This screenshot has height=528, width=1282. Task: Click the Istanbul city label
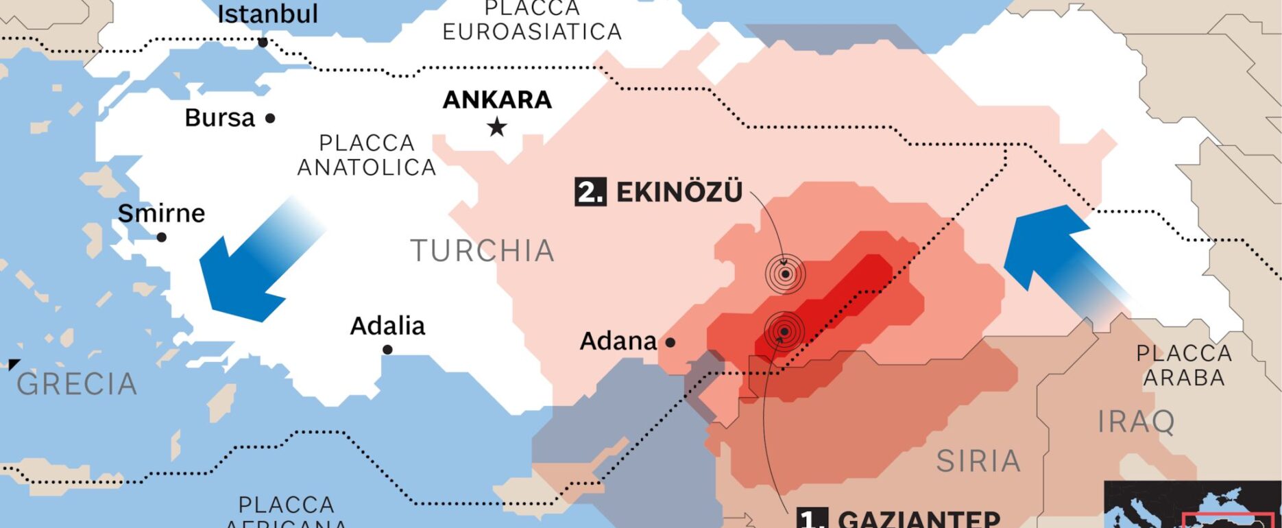click(x=267, y=14)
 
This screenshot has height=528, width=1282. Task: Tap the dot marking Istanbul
click(x=263, y=43)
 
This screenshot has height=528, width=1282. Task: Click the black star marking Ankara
click(x=497, y=127)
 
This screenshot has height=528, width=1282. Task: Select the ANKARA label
click(x=497, y=100)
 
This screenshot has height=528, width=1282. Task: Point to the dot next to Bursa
click(x=270, y=119)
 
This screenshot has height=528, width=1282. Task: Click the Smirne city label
click(x=161, y=213)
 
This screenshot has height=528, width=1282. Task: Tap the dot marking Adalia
click(x=387, y=350)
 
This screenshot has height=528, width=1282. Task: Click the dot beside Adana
click(x=670, y=342)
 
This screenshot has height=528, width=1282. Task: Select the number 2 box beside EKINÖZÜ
click(x=590, y=192)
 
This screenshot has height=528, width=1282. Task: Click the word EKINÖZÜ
click(x=679, y=192)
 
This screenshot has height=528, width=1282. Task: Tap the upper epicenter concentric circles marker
click(x=786, y=274)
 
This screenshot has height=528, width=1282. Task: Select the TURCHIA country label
click(x=482, y=251)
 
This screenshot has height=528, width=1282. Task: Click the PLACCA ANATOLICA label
click(x=366, y=155)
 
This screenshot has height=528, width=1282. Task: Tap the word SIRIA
click(x=978, y=461)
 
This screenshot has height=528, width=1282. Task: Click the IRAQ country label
click(x=1136, y=422)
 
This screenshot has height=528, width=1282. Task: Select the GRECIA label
click(x=77, y=384)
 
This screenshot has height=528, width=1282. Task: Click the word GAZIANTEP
click(x=919, y=519)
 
